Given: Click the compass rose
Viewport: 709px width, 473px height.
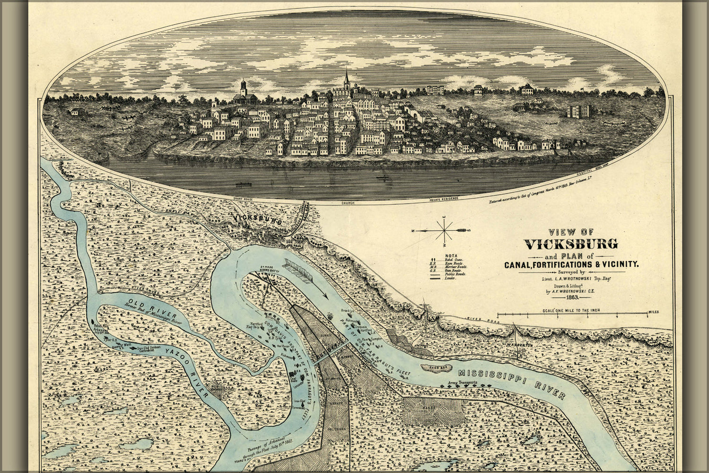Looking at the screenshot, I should [444, 230].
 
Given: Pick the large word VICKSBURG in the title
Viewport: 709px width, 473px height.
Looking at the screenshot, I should [571, 244].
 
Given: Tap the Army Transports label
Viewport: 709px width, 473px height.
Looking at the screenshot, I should [464, 382].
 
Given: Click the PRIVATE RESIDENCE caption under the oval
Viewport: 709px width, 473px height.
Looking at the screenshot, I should [441, 201].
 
